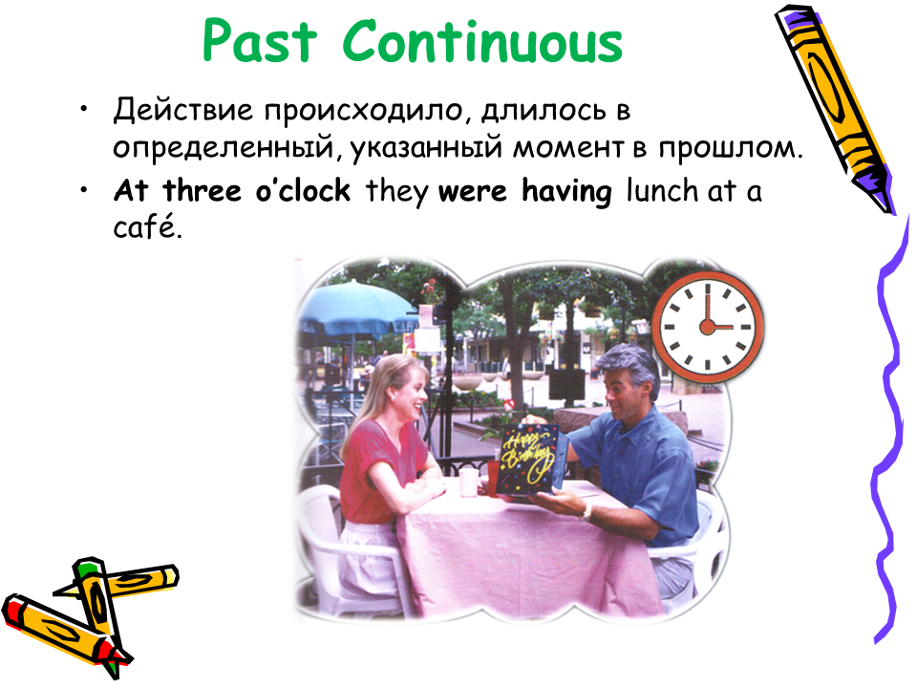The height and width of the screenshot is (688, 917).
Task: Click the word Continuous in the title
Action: (482, 41)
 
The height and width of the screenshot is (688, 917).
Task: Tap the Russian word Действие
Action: (183, 110)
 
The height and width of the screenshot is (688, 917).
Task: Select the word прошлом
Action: (731, 149)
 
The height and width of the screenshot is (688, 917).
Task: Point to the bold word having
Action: (566, 192)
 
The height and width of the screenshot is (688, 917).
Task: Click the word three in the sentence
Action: (202, 191)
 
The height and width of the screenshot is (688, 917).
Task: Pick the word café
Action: (148, 227)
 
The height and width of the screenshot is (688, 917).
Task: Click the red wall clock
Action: (708, 327)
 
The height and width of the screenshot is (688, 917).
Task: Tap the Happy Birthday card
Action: (528, 461)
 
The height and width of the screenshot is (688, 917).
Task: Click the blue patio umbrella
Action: (355, 309)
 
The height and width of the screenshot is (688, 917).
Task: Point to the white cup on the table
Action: (469, 482)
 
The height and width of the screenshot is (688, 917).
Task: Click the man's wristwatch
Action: (586, 513)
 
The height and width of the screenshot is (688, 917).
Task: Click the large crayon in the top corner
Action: (835, 108)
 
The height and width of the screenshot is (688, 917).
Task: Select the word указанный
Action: (426, 149)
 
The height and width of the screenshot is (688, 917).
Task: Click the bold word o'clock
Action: (303, 191)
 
